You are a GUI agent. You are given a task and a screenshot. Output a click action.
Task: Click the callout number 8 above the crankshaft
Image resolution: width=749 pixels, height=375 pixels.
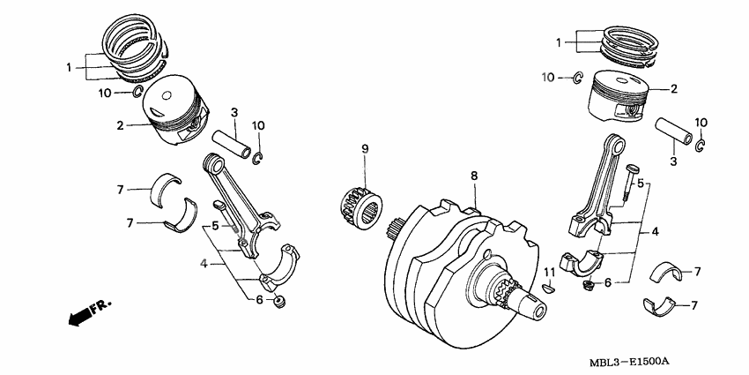473,176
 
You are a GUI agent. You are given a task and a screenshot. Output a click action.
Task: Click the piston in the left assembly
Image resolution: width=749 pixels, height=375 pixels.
176,107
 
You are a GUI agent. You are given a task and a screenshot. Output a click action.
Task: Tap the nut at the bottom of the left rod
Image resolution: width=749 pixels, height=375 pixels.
279,303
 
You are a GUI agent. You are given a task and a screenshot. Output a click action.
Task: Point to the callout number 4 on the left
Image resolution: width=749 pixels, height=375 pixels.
204,263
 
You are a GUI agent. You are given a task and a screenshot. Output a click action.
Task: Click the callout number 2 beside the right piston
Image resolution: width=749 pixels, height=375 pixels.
674,89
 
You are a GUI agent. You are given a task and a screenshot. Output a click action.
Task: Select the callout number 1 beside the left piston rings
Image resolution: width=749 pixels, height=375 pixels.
69,67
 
